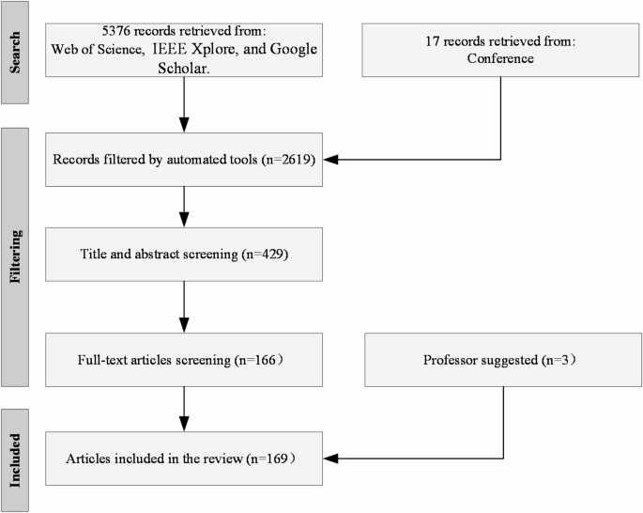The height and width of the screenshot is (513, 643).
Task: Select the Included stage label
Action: pos(18,459)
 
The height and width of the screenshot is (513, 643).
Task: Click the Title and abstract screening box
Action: pos(184,254)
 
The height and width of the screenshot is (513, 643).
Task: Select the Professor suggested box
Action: pos(504,359)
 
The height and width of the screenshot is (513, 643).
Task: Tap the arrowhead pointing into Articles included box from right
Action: pos(329,459)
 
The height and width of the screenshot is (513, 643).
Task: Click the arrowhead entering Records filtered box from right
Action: pos(329,159)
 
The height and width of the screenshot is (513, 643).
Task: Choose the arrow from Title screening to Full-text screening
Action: pos(184,304)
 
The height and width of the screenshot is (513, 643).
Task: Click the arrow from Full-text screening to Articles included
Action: pos(184,409)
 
